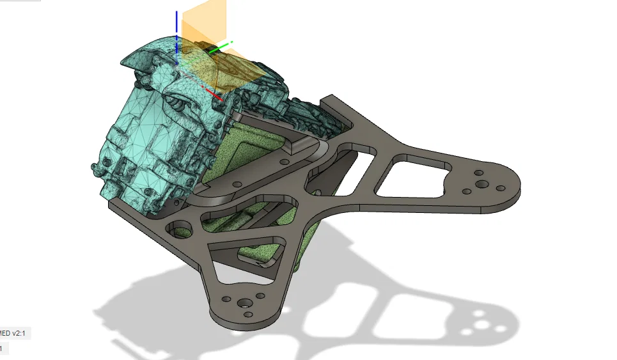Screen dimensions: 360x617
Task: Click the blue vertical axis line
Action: click(x=177, y=32)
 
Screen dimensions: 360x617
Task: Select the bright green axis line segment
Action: click(x=219, y=48)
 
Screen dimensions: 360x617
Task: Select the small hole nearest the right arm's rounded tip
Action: click(x=500, y=187)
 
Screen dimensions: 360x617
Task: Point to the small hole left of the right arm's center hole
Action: click(x=469, y=191)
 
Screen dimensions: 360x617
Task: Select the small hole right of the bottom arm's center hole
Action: click(x=261, y=295)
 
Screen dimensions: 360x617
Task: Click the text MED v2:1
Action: click(x=16, y=334)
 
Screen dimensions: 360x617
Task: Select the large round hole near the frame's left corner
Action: click(x=179, y=227)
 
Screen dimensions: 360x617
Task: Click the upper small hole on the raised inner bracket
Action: click(x=237, y=184)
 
